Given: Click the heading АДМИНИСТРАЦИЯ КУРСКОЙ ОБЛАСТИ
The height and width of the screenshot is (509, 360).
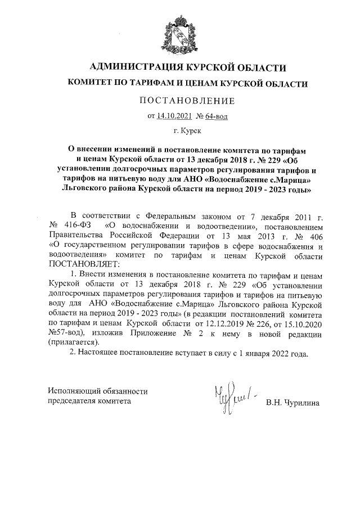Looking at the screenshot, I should (x=180, y=68).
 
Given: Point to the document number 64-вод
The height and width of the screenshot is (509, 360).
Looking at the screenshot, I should (x=216, y=116).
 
